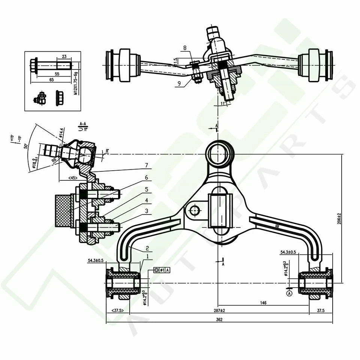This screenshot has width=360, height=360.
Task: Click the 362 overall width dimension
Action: [x=219, y=319]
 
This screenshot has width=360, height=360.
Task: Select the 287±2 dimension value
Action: [x=219, y=311]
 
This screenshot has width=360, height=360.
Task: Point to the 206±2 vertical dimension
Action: [x=339, y=216]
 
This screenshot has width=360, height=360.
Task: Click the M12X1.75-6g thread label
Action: [x=76, y=83]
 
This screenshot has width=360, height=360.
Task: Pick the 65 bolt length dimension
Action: [x=52, y=80]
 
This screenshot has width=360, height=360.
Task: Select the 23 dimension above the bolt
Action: [x=64, y=57]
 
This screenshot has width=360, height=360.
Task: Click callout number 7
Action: [x=147, y=165]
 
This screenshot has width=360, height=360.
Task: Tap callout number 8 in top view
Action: [x=184, y=48]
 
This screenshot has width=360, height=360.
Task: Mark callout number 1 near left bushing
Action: [x=147, y=256]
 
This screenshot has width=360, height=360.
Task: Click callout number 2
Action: [x=147, y=248]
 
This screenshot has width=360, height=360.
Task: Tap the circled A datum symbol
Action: [x=289, y=294]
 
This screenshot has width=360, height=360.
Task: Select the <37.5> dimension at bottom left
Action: [x=118, y=311]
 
